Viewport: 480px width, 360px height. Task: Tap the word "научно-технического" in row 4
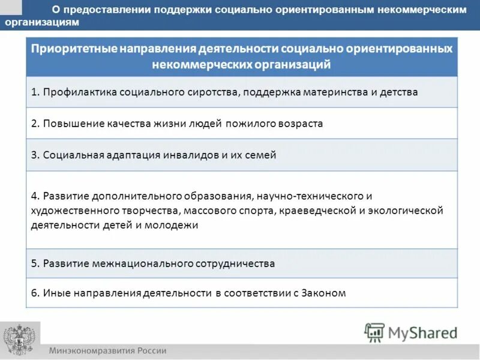312,196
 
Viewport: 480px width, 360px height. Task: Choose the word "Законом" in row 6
323,293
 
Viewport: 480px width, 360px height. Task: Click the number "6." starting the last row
35,293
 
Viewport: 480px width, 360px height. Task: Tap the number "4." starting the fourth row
35,196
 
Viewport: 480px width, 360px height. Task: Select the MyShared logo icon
374,332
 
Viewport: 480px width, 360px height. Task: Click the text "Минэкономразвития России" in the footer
107,351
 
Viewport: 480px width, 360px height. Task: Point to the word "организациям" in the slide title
41,22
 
